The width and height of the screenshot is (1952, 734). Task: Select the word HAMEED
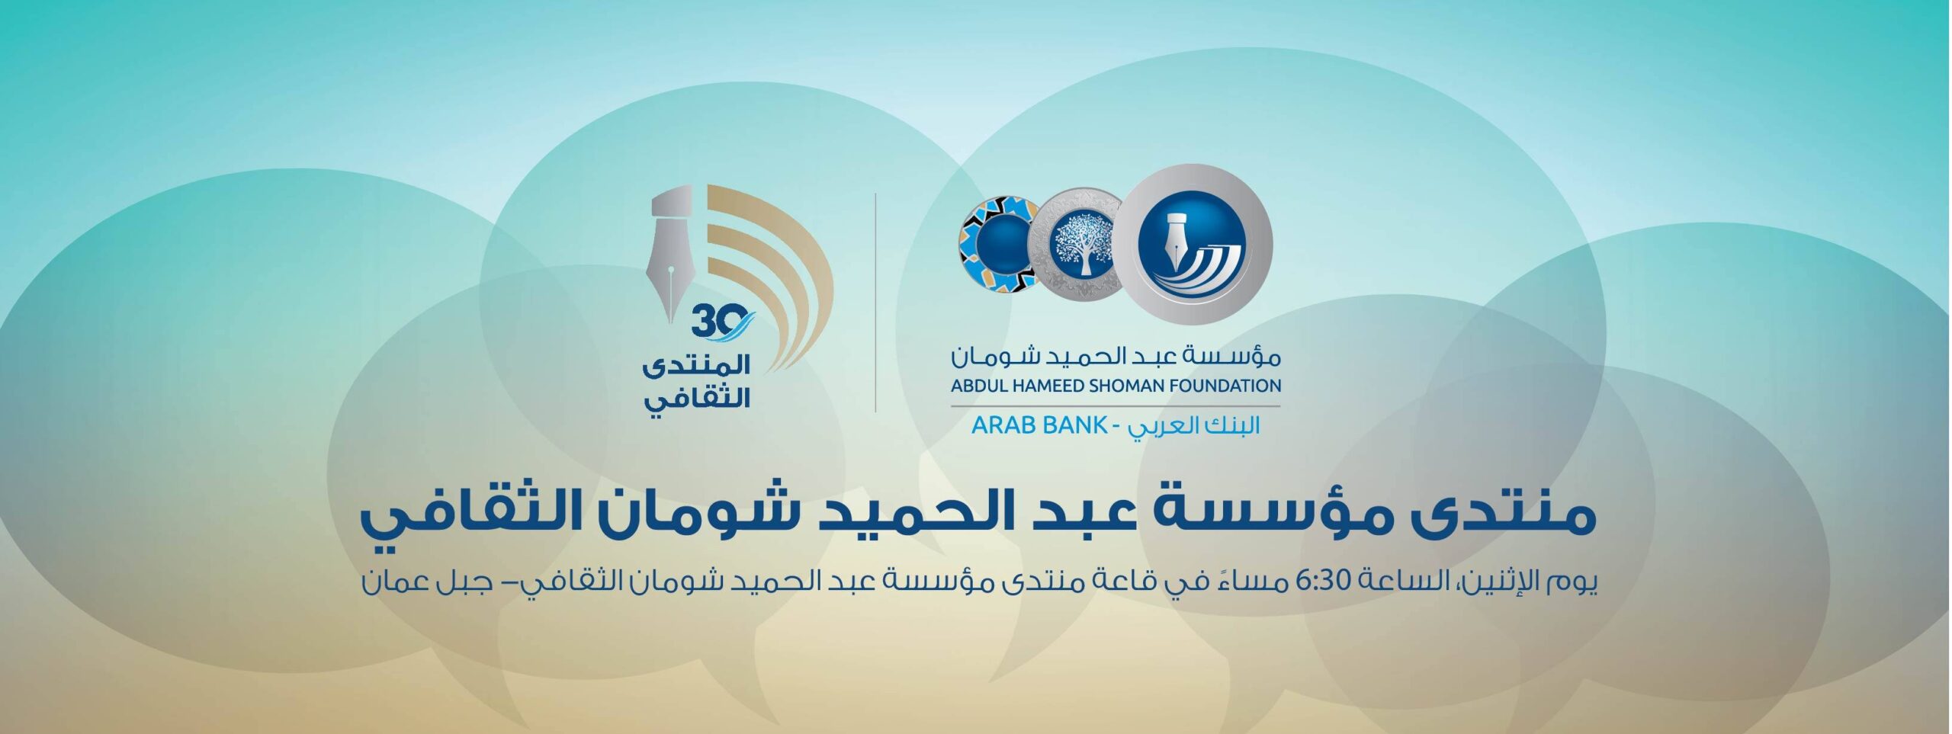click(x=1040, y=386)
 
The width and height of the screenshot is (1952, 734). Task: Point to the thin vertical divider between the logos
click(x=875, y=302)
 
